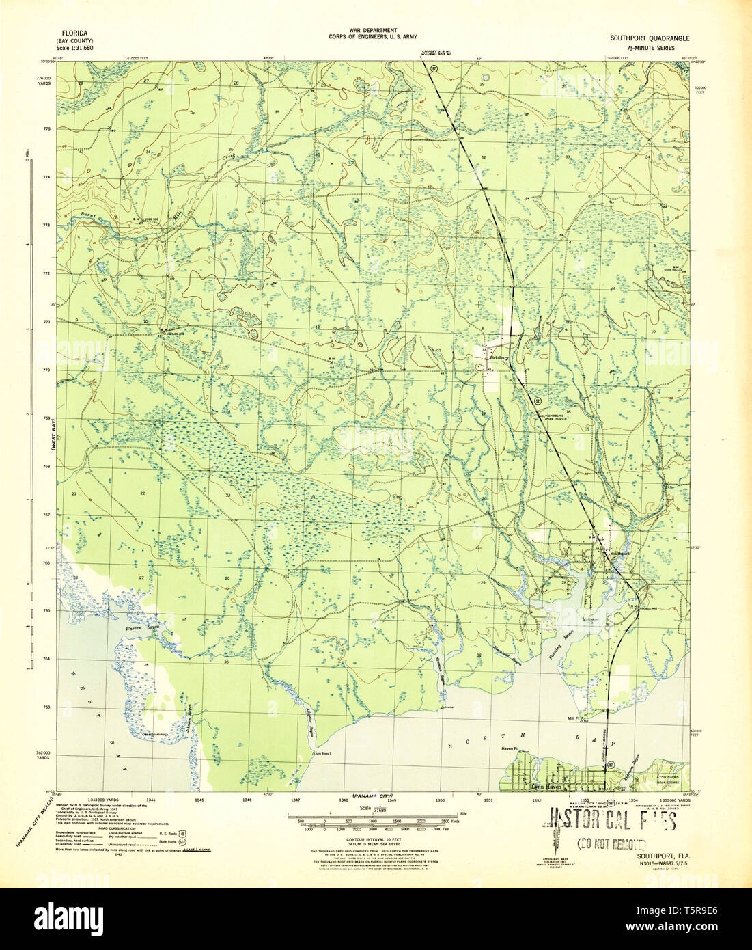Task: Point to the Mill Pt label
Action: click(x=573, y=718)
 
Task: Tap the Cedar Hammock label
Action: click(x=155, y=735)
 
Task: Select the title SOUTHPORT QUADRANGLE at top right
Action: click(x=650, y=39)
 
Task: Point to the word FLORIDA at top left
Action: click(x=75, y=32)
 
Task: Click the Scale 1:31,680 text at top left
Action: click(x=75, y=49)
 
